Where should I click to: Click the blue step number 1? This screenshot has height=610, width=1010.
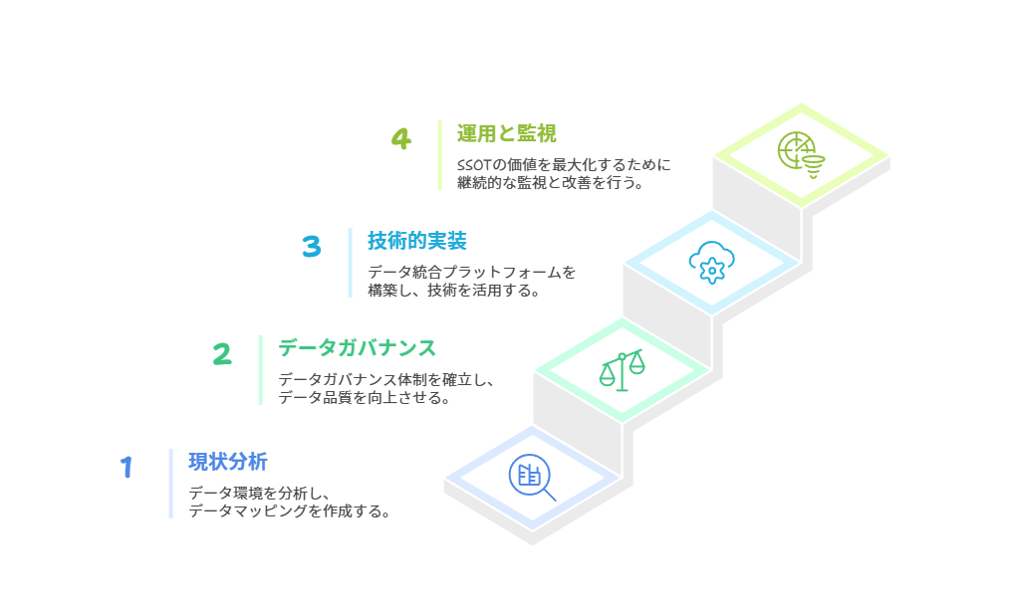126,467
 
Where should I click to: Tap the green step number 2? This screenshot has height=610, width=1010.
222,354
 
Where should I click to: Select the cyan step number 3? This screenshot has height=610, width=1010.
312,247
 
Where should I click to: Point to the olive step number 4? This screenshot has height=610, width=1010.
401,139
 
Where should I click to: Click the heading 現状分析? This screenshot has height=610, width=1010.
228,462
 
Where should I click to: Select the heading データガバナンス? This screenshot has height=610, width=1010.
357,348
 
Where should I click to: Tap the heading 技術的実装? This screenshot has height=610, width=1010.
417,241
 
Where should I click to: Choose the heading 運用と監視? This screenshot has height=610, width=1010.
507,133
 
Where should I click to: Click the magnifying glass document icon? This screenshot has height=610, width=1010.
532,478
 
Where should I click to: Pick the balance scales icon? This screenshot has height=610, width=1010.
622,370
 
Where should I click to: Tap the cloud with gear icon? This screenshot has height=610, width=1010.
712,263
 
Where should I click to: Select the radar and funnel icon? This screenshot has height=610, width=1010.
801,155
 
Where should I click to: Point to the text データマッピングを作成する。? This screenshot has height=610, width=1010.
290,511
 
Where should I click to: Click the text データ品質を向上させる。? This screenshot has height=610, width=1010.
365,398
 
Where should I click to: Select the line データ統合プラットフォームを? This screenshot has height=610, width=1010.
471,273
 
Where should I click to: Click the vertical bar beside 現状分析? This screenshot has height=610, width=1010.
170,484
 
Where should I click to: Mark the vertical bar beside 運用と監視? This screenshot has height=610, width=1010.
440,155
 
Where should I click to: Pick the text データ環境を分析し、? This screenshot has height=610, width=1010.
260,493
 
